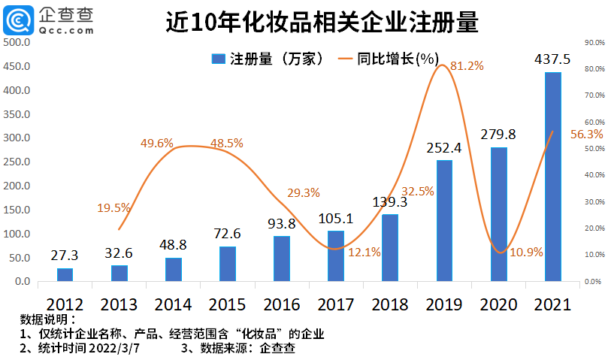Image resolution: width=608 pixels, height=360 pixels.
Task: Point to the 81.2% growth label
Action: pos(466,66)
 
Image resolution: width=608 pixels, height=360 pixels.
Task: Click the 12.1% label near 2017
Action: pos(364,251)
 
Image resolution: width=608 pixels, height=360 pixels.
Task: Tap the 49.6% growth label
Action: pos(156,143)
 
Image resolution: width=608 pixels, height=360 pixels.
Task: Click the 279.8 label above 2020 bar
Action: pos(498,134)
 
